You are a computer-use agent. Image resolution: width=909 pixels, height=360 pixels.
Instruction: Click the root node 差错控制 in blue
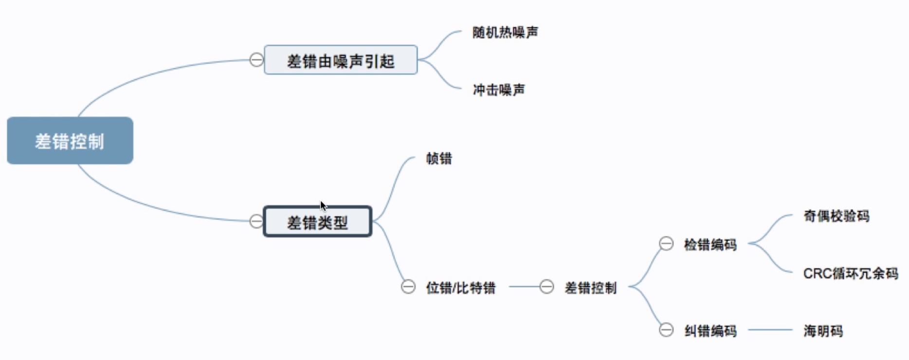pos(70,141)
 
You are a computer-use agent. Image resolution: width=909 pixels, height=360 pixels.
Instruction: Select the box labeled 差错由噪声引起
pos(340,60)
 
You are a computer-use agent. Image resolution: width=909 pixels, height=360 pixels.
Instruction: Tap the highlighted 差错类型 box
pos(317,222)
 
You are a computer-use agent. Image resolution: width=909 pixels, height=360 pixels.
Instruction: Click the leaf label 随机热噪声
pos(505,33)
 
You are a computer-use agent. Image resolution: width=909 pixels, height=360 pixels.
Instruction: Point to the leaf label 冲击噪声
pos(499,90)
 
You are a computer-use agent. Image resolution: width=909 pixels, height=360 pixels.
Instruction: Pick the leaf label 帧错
pos(439,159)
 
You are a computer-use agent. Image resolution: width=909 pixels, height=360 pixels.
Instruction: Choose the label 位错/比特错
pos(460,288)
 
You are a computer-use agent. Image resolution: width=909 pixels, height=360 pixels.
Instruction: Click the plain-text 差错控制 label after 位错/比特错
pos(590,288)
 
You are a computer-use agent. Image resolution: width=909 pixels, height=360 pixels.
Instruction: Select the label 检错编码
pos(710,244)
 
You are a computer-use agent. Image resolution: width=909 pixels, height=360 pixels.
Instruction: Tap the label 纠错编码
pos(710,331)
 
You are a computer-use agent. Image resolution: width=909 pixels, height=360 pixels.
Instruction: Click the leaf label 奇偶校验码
pos(836,216)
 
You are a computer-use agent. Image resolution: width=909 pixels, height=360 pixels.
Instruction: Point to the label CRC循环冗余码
pos(850,273)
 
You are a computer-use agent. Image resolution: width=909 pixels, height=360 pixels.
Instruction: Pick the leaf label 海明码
pos(823,331)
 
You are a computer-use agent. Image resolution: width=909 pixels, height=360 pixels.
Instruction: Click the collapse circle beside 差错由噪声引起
pos(256,60)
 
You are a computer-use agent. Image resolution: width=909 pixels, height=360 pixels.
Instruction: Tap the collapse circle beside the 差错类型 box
pos(256,221)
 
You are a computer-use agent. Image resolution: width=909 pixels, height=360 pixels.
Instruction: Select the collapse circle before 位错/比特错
pos(408,287)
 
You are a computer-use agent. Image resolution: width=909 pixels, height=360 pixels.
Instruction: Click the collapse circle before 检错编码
pos(666,243)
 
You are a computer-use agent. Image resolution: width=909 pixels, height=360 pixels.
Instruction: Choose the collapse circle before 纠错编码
pos(666,330)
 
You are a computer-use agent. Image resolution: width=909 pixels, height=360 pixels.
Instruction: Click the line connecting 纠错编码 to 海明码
pos(770,330)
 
